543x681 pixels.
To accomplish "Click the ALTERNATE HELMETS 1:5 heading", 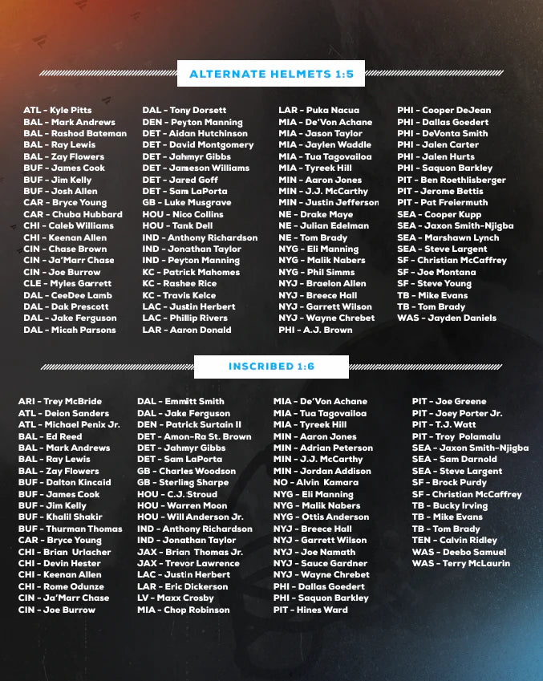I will (x=270, y=74).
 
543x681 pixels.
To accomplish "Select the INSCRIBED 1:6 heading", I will (x=271, y=367).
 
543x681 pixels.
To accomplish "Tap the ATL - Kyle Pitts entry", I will (x=57, y=110).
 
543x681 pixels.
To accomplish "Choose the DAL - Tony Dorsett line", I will (x=184, y=110).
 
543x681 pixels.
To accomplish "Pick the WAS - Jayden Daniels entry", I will (x=446, y=318).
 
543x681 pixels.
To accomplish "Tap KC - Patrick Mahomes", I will (x=191, y=272).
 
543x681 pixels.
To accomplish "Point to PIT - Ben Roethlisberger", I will (x=452, y=180).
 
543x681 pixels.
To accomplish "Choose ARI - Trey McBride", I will (x=60, y=401).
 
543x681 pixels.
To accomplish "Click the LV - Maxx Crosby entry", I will (x=176, y=598).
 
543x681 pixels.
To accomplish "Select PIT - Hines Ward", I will (x=310, y=610).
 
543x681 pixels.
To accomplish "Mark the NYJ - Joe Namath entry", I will (x=314, y=552).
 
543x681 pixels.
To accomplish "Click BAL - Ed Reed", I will (x=50, y=436).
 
